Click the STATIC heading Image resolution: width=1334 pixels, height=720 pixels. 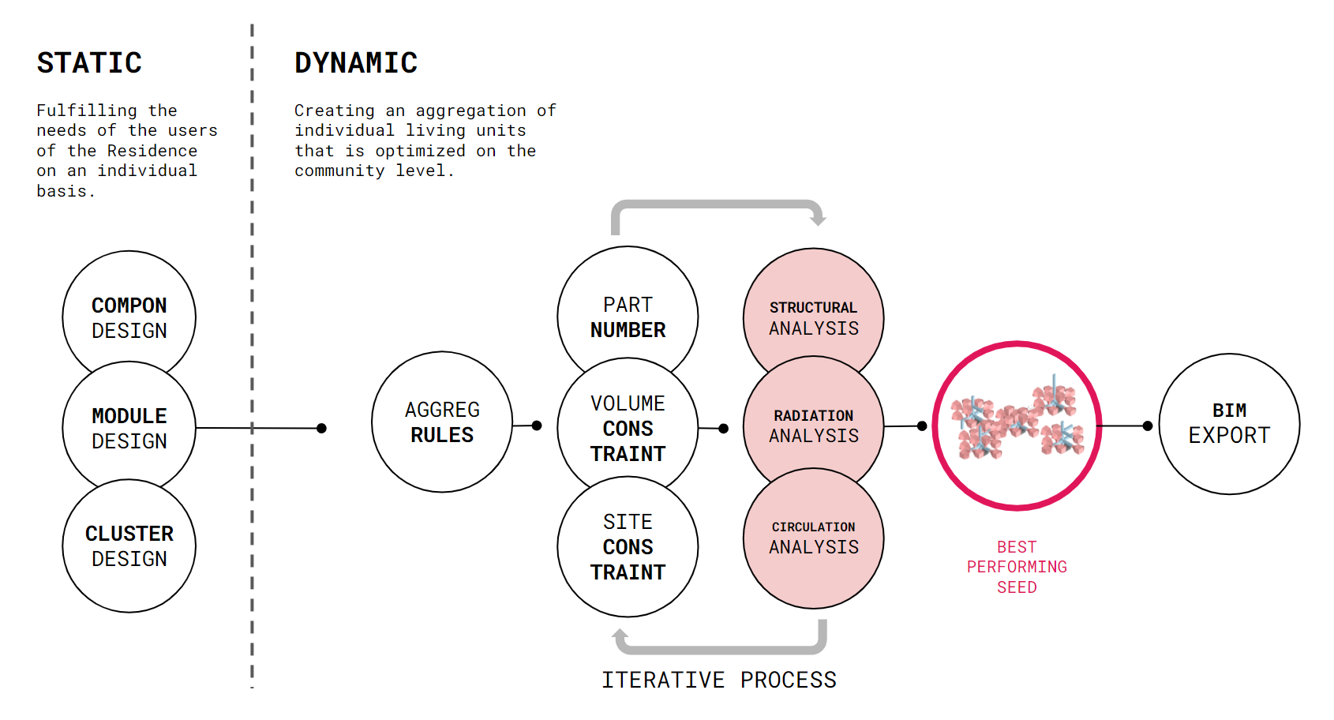[89, 62]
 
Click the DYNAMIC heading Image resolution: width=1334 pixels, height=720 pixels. [356, 62]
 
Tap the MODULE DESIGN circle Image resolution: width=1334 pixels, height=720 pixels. [129, 428]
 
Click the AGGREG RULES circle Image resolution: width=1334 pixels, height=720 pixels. [442, 422]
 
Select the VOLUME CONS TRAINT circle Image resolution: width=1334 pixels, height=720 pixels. [628, 428]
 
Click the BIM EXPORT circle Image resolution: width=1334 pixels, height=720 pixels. [1229, 423]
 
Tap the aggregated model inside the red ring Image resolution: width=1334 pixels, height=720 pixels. [1017, 419]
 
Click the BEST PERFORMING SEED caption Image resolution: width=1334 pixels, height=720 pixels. [1017, 566]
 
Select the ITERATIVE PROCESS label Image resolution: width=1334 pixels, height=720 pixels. [719, 680]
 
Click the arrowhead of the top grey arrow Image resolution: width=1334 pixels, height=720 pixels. [819, 219]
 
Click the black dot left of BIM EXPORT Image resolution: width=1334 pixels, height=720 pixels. [1148, 426]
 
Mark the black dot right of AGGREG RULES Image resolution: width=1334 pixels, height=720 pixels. [537, 426]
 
